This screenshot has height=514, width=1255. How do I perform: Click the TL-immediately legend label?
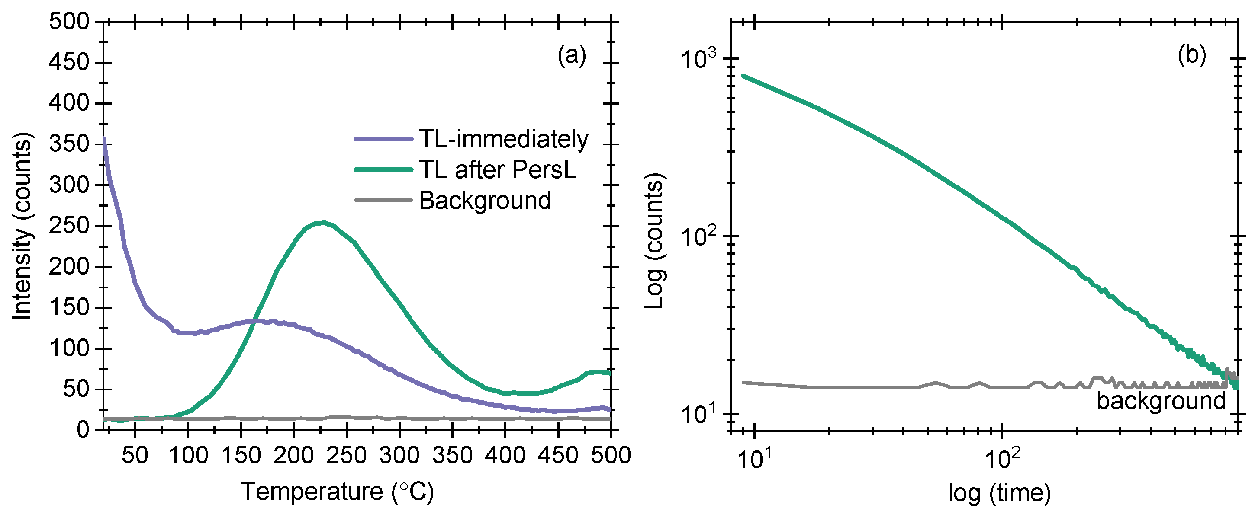pyautogui.click(x=503, y=139)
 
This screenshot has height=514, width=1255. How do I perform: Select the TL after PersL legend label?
pyautogui.click(x=497, y=170)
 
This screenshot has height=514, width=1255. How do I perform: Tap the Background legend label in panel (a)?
pyautogui.click(x=485, y=201)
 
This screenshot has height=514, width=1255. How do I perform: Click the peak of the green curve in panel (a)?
pyautogui.click(x=322, y=223)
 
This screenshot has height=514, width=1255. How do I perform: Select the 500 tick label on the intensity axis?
pyautogui.click(x=69, y=22)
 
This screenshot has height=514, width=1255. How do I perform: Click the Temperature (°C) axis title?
pyautogui.click(x=337, y=491)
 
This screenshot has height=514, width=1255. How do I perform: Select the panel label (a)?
pyautogui.click(x=572, y=55)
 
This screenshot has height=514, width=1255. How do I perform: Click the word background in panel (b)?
pyautogui.click(x=1161, y=401)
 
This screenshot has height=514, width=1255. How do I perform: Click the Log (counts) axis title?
pyautogui.click(x=654, y=240)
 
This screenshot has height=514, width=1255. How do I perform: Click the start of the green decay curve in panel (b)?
pyautogui.click(x=743, y=76)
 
